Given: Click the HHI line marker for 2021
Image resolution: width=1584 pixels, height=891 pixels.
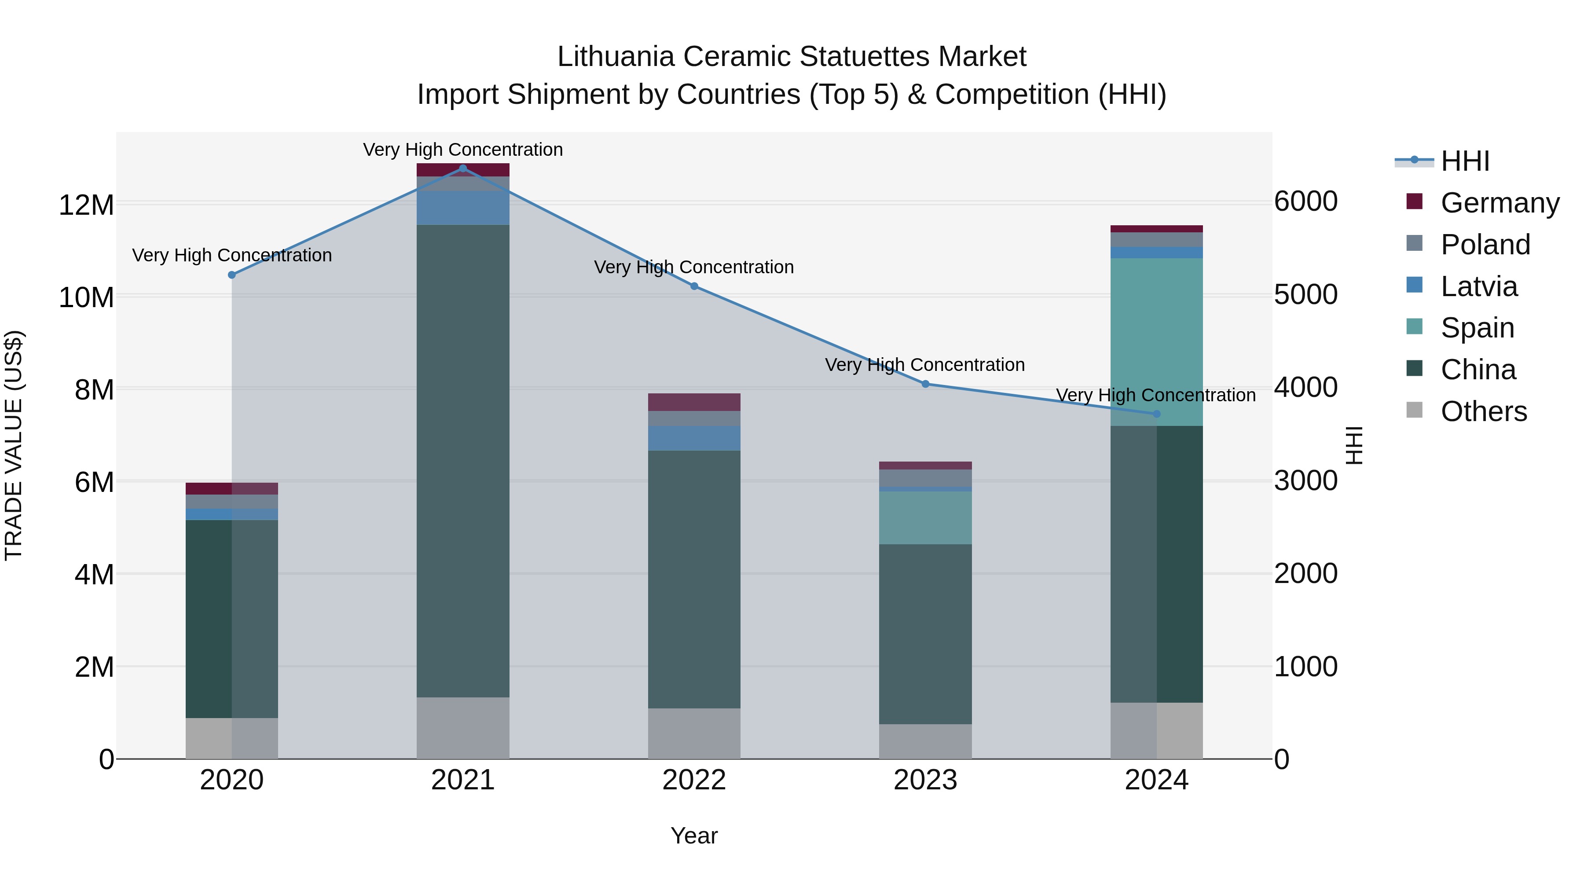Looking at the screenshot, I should pos(463,169).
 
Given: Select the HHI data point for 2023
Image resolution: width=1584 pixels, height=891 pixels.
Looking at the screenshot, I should pos(925,384).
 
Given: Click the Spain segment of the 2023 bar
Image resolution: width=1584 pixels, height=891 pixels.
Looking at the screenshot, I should pos(925,518).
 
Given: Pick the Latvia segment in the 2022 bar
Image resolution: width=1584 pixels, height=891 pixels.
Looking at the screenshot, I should pos(694,438).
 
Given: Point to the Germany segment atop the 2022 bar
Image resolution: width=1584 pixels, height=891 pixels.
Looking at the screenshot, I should pos(694,402).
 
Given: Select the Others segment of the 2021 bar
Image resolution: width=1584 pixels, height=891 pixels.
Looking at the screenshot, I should pos(463,728).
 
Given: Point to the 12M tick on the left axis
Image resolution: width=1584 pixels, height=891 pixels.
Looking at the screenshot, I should pos(86,205).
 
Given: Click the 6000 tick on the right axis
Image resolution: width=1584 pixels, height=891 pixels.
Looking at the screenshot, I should pos(1305,202).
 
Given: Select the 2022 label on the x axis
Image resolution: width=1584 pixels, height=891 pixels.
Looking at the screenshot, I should pos(694,780).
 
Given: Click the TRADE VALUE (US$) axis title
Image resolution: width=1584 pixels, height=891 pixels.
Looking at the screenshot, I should pos(14,445).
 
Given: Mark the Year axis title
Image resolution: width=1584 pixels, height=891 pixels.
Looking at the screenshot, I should pos(694,836).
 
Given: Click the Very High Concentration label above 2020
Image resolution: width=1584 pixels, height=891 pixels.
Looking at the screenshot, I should pos(232,255).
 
